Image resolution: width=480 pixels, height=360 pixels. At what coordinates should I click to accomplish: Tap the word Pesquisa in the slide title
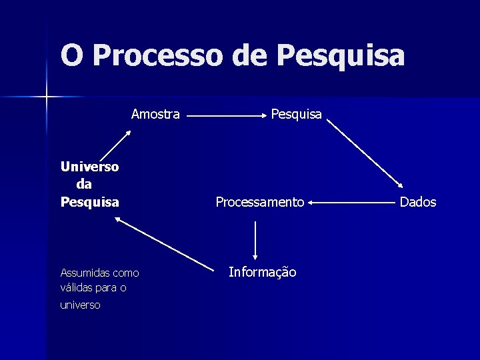point(340,55)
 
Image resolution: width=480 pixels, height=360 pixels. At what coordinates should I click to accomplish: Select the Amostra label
point(155,114)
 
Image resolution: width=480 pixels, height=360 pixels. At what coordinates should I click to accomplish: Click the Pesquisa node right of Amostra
point(296,114)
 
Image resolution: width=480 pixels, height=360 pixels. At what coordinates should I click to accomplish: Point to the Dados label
point(418,202)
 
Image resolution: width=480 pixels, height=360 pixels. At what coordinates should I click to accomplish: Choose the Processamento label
point(260,202)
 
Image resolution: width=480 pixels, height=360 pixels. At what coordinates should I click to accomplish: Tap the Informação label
point(263,272)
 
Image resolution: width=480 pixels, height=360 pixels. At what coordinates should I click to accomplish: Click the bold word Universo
point(89,167)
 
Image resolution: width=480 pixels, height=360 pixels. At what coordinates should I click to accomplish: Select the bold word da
point(85,184)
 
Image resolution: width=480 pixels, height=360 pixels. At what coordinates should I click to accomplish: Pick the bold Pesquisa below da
point(89,201)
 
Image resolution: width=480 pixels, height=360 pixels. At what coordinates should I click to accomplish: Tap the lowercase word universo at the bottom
point(80,305)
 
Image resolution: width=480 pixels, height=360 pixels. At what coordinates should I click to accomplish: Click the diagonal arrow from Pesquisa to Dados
point(365,154)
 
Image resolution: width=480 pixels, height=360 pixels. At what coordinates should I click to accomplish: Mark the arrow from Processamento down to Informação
point(255,240)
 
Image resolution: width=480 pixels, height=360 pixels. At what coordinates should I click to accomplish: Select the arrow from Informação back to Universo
point(165,243)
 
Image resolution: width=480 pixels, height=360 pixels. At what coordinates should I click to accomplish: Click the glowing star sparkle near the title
point(46,97)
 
